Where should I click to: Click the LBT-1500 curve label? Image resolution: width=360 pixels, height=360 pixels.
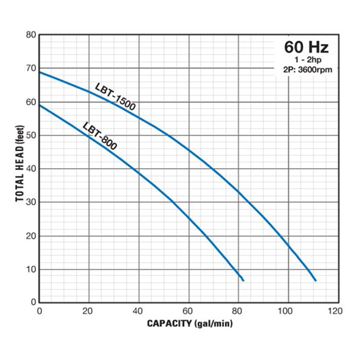[x=116, y=96]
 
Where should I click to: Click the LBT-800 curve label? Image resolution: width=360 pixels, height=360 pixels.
[x=100, y=136]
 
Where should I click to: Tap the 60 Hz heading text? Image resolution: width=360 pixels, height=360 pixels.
[x=306, y=47]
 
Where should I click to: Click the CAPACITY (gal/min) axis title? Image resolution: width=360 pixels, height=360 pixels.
[x=190, y=323]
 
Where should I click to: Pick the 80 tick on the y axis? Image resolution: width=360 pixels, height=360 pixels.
[x=31, y=35]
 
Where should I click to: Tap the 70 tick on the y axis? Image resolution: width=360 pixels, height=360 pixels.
[x=31, y=68]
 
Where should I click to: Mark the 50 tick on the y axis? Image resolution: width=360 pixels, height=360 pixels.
[x=31, y=136]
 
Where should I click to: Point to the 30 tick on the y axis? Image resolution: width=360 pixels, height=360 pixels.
[x=31, y=202]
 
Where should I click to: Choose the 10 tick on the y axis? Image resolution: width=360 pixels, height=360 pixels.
[x=31, y=269]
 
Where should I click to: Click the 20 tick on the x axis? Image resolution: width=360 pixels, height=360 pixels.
[x=89, y=311]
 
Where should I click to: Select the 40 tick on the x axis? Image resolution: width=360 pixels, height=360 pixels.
[x=139, y=311]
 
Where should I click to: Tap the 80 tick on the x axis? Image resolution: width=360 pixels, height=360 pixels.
[x=238, y=311]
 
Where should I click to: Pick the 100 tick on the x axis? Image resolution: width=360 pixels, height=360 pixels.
[x=288, y=311]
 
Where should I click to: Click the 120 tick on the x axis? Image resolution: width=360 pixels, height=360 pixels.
[x=338, y=311]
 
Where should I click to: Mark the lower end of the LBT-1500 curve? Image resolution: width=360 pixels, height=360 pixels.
[x=315, y=280]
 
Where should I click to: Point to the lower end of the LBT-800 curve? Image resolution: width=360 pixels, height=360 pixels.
[x=243, y=280]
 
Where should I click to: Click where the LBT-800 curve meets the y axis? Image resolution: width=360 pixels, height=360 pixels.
[x=39, y=105]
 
